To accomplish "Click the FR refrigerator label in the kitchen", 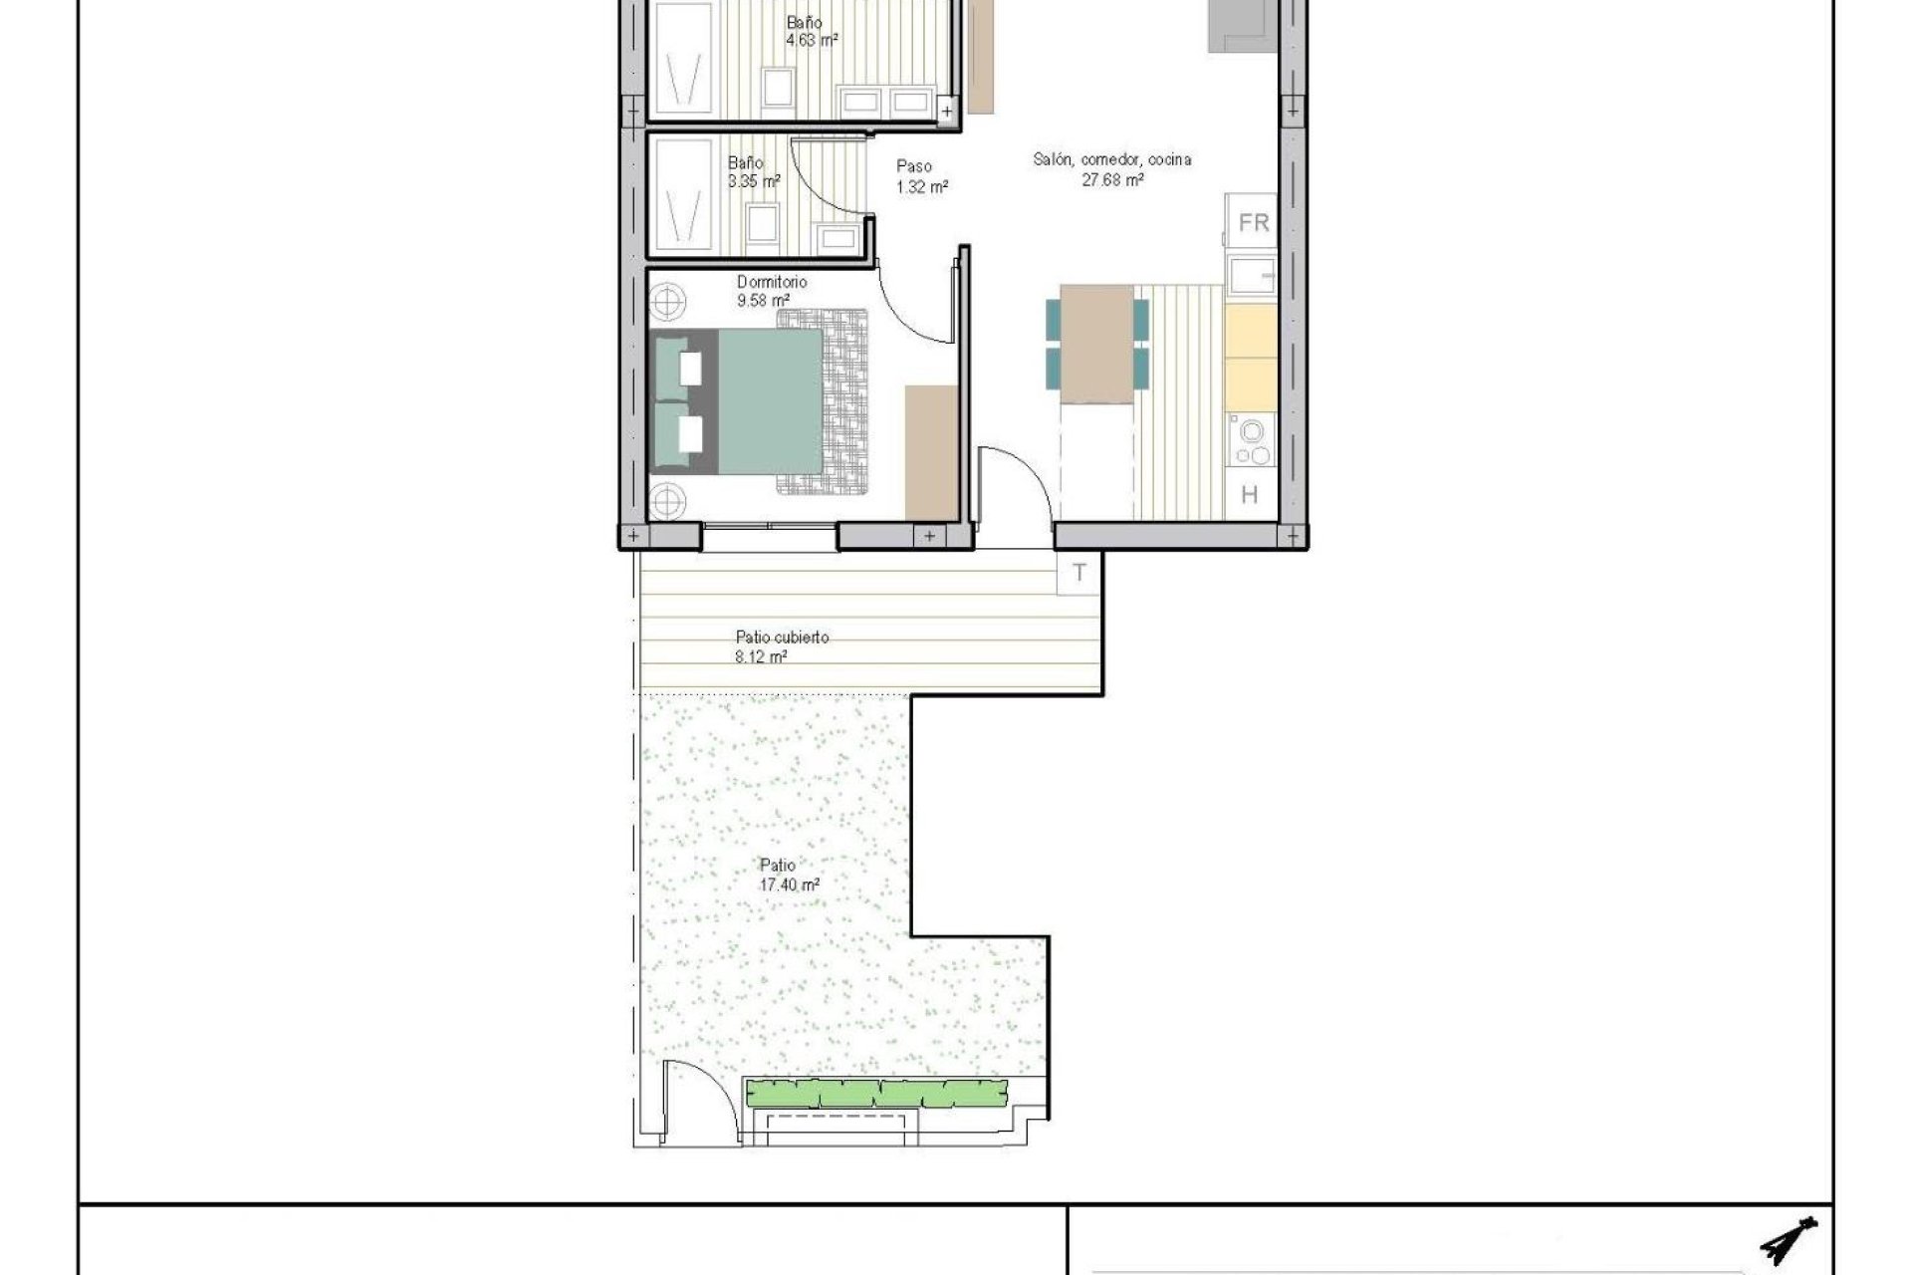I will tap(1253, 222).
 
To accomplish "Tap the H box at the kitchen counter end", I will tap(1250, 495).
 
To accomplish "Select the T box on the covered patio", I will tap(1079, 574).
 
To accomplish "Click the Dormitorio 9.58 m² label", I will tap(771, 291).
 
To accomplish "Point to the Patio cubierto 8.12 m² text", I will tap(781, 646).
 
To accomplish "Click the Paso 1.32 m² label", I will tap(919, 176).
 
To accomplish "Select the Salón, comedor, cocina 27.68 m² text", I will tap(1111, 169).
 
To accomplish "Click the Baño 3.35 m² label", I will tap(752, 171).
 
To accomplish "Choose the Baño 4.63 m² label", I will tap(810, 31).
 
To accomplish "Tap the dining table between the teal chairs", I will tap(1096, 344).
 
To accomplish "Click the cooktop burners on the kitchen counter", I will tap(1251, 440).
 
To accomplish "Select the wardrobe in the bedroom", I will tap(930, 452).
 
